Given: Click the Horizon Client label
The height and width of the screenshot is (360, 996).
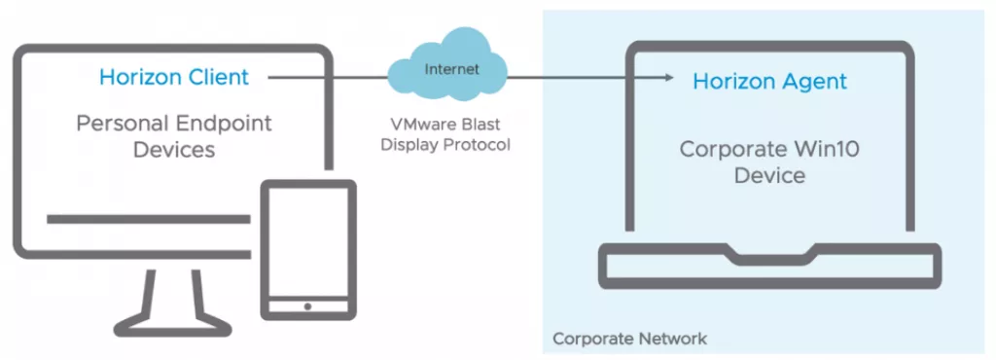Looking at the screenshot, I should click(174, 77).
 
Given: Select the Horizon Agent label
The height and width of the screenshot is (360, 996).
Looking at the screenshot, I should click(769, 82).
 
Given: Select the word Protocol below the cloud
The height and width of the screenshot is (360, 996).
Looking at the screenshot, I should click(478, 144).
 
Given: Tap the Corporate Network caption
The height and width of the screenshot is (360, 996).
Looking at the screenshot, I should click(629, 339).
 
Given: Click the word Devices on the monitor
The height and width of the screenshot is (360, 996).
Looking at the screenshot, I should click(174, 150).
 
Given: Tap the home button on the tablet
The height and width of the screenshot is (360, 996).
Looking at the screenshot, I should click(307, 306).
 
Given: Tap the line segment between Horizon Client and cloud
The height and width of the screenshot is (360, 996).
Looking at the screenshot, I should click(321, 76).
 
